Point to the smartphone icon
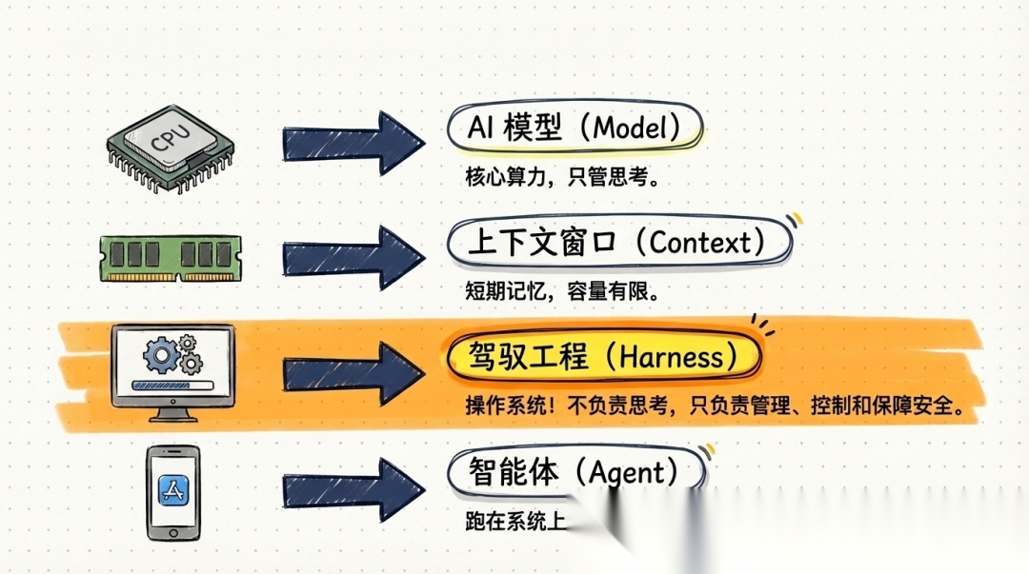(172, 492)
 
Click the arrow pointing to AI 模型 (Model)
(353, 144)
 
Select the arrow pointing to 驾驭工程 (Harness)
(353, 367)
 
